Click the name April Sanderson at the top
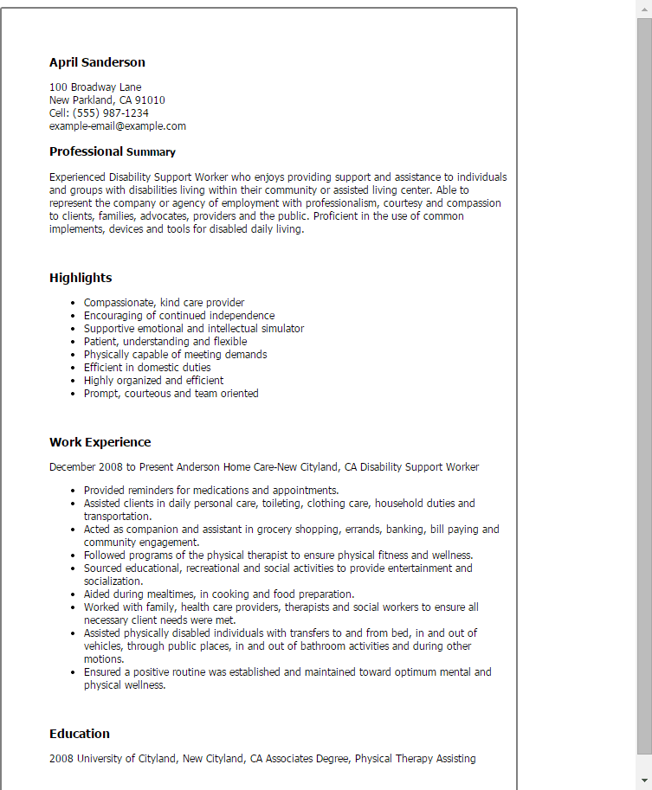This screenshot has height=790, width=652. [x=97, y=62]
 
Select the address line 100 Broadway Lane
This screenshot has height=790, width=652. [x=95, y=87]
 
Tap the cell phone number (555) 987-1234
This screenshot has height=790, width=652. [x=111, y=113]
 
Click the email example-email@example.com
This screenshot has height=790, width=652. [x=118, y=126]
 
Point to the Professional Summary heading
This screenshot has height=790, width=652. [x=113, y=152]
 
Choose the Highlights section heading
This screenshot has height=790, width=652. [x=81, y=278]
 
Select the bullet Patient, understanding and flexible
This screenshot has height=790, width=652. [x=165, y=342]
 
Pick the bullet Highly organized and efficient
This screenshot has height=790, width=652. [x=153, y=381]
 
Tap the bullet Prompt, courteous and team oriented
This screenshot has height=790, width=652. [x=171, y=394]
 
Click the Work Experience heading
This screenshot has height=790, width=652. [x=100, y=442]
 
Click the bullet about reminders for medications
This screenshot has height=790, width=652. [x=210, y=491]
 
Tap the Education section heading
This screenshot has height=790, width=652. [x=80, y=734]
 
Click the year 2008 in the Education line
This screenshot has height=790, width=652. [x=61, y=759]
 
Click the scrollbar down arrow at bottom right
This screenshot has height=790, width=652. [x=644, y=782]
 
